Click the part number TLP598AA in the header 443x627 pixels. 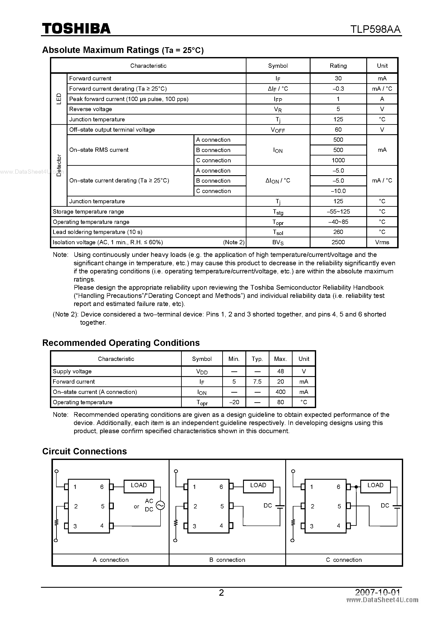click(375, 29)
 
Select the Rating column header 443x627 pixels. click(338, 66)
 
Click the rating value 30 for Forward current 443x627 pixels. click(338, 78)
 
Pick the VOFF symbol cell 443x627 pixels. click(278, 130)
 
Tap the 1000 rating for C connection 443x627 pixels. click(338, 160)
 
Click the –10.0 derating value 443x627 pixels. click(338, 191)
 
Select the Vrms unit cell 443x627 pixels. click(382, 242)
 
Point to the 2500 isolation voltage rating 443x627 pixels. click(338, 242)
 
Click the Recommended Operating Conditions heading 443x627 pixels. click(121, 343)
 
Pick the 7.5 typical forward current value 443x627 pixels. click(257, 381)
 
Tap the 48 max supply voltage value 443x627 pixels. click(280, 371)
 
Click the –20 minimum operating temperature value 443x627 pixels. click(234, 402)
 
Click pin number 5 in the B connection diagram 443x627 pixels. click(222, 506)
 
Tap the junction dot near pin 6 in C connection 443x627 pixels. click(356, 487)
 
